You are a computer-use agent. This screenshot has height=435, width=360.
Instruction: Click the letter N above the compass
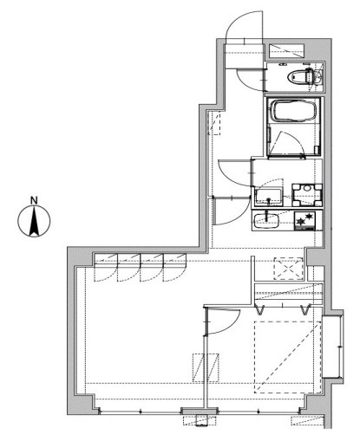click(35, 200)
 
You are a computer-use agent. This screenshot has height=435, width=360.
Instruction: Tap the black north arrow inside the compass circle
click(35, 221)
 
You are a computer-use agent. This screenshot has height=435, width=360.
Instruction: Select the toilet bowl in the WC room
click(300, 77)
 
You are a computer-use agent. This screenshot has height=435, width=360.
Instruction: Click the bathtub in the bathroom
click(293, 110)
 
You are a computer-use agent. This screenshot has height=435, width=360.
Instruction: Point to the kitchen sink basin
click(266, 222)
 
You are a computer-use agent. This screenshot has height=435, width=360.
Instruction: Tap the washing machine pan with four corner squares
click(307, 195)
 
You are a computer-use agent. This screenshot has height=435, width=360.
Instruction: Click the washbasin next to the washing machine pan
click(269, 197)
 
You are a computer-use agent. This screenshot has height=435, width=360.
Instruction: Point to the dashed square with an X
click(289, 269)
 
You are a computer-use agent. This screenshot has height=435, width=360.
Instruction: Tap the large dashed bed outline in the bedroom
click(288, 357)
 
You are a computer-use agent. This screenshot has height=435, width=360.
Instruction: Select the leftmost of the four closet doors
click(106, 267)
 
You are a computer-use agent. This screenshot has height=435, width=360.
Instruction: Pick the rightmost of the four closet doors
click(174, 267)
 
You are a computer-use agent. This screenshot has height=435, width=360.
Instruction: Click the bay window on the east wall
click(333, 347)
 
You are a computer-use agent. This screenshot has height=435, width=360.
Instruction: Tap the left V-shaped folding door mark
click(260, 309)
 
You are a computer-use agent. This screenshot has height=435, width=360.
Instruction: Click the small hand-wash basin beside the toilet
click(318, 77)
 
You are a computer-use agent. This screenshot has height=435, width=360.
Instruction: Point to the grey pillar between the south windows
click(199, 411)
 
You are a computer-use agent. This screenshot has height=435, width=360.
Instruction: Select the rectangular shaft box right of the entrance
click(286, 51)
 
